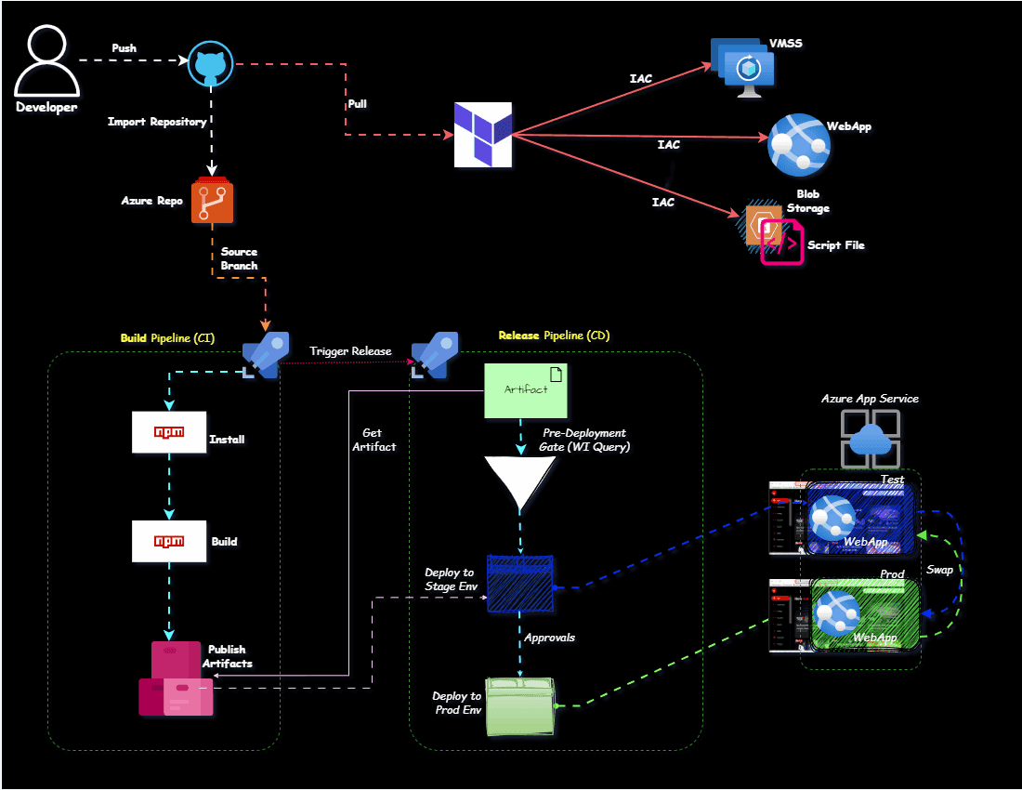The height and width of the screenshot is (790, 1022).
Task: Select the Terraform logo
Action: click(483, 135)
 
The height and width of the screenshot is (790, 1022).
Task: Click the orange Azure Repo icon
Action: click(213, 202)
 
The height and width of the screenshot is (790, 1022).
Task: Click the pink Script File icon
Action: click(781, 244)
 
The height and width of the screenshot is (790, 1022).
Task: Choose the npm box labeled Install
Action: click(169, 432)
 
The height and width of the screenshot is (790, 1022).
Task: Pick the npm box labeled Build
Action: click(169, 541)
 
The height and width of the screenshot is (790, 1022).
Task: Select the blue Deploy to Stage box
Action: click(520, 584)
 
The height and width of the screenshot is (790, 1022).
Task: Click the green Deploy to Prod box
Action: click(520, 707)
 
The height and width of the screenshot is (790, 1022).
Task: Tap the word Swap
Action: click(939, 569)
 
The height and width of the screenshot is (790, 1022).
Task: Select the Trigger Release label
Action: click(350, 351)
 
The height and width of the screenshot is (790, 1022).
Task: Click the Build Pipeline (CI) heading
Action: click(167, 338)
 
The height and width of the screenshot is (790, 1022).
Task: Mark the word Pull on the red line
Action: click(357, 104)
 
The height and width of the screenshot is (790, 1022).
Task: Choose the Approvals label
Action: click(549, 638)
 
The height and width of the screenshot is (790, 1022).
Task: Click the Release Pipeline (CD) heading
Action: click(554, 336)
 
